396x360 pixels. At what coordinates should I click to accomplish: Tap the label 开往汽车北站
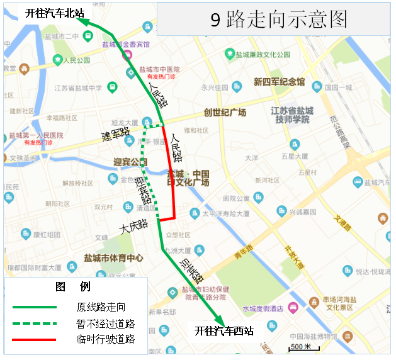[x=54, y=13]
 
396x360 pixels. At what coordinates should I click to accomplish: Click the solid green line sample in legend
[x=35, y=307]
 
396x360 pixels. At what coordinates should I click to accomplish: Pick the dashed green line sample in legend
[x=35, y=323]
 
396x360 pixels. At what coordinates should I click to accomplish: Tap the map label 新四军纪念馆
[x=279, y=82]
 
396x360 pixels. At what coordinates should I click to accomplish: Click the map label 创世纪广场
[x=225, y=113]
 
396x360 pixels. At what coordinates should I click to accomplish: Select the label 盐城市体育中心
[x=113, y=258]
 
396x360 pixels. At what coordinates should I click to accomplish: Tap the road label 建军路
[x=115, y=133]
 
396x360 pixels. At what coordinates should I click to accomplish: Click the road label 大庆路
[x=134, y=225]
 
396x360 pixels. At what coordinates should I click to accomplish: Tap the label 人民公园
[x=76, y=60]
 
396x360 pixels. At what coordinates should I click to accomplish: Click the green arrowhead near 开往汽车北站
[x=84, y=22]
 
